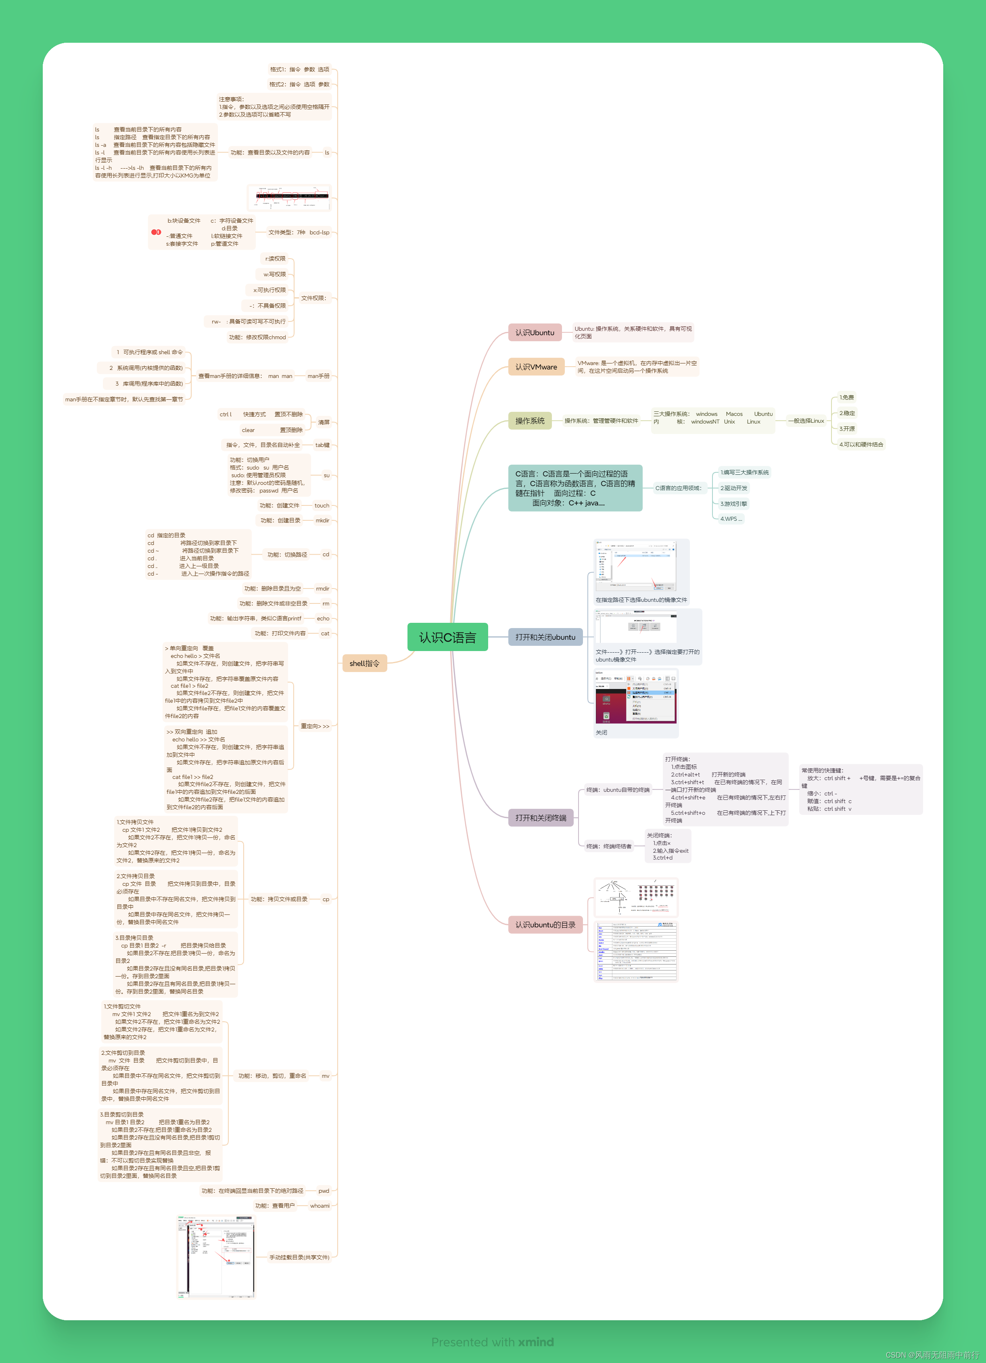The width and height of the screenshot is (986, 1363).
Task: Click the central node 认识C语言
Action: (447, 637)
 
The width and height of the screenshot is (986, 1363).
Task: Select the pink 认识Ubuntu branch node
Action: (535, 332)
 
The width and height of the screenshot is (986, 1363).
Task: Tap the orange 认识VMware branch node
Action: (536, 367)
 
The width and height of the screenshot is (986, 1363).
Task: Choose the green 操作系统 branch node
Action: (530, 421)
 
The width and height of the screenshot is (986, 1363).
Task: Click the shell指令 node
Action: (364, 664)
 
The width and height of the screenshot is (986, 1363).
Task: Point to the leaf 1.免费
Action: (846, 397)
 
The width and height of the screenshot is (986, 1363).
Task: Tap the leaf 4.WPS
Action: (731, 519)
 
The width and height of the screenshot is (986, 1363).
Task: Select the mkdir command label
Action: (322, 520)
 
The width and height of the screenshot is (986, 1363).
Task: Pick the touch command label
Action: (322, 505)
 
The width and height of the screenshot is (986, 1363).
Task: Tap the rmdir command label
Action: (322, 589)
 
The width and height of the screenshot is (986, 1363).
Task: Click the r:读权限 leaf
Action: (276, 259)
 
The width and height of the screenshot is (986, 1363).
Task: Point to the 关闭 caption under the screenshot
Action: (601, 733)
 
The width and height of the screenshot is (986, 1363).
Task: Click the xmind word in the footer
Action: (536, 1342)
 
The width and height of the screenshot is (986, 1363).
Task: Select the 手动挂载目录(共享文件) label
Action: (299, 1257)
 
